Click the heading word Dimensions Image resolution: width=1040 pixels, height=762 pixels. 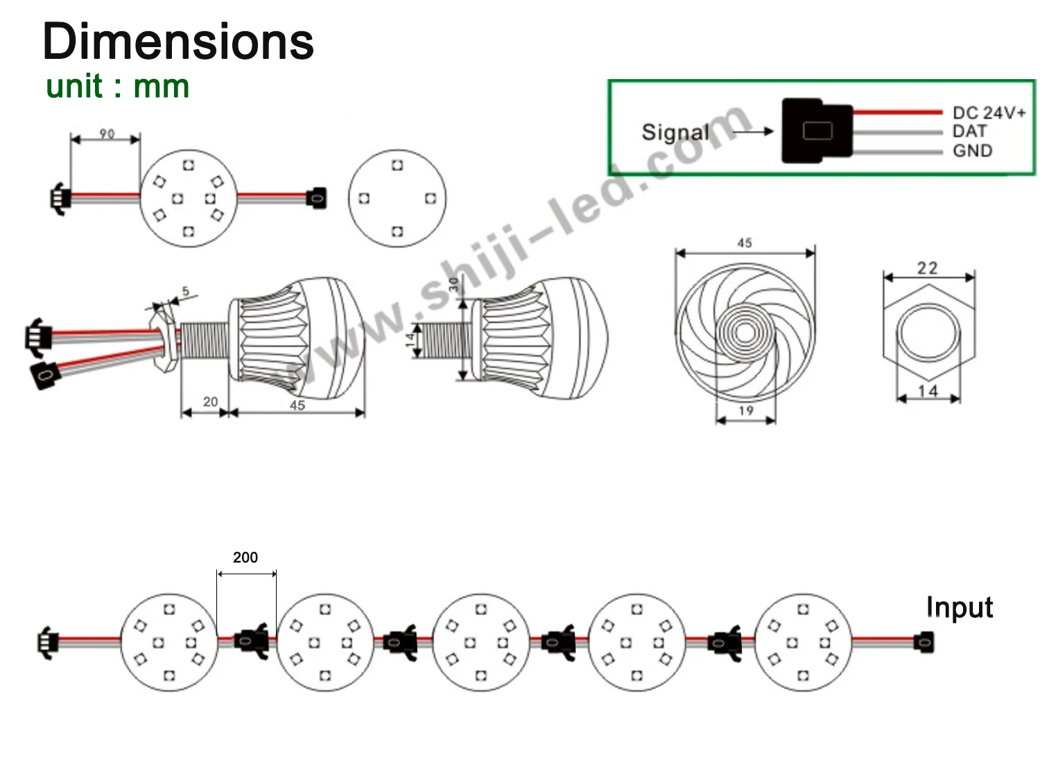pos(178,42)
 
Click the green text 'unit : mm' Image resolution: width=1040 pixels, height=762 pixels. pos(117,87)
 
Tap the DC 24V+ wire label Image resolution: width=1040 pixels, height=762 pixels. pos(988,113)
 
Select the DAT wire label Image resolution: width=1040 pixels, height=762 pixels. pos(969,132)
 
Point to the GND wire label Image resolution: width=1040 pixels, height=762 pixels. pos(972,150)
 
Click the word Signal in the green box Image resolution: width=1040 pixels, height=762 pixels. pos(675,132)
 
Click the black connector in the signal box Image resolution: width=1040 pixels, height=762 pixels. pos(816,131)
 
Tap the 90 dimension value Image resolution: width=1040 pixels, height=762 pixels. pos(107,134)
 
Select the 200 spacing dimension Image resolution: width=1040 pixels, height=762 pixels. pos(245,558)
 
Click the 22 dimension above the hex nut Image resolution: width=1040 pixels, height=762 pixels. pos(928,268)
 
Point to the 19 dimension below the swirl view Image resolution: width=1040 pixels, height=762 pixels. pos(745,411)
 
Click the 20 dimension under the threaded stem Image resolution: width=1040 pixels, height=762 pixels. pos(210,402)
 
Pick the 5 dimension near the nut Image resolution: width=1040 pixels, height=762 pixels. pos(185,292)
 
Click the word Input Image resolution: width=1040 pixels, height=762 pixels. pos(959,608)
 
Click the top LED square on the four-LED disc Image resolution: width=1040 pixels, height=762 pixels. pos(397,165)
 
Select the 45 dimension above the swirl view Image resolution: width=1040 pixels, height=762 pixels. pos(744,243)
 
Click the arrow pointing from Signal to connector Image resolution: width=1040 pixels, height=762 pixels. pos(752,132)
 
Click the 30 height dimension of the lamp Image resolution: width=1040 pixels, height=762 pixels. pos(454,285)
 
